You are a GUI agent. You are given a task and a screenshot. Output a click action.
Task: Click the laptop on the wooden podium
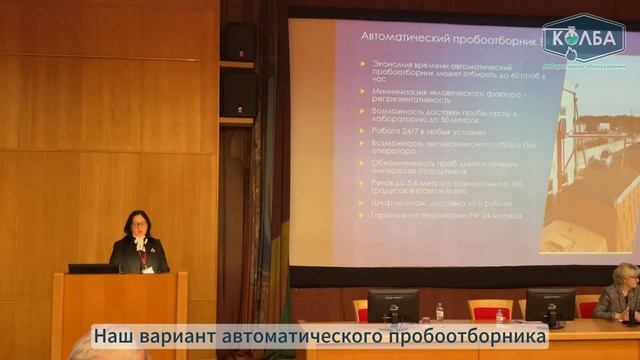tap(93, 268)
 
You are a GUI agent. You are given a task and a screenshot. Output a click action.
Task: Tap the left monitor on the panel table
tap(393, 306)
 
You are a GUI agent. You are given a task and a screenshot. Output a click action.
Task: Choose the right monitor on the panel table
tap(550, 306)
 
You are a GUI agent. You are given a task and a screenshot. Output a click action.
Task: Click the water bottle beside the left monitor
tap(439, 311)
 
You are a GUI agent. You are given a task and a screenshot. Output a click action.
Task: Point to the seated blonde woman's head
tap(626, 276)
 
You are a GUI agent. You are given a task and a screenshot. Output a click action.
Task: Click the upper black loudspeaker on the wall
tap(239, 41)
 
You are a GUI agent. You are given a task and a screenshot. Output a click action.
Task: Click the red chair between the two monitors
tap(489, 309)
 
